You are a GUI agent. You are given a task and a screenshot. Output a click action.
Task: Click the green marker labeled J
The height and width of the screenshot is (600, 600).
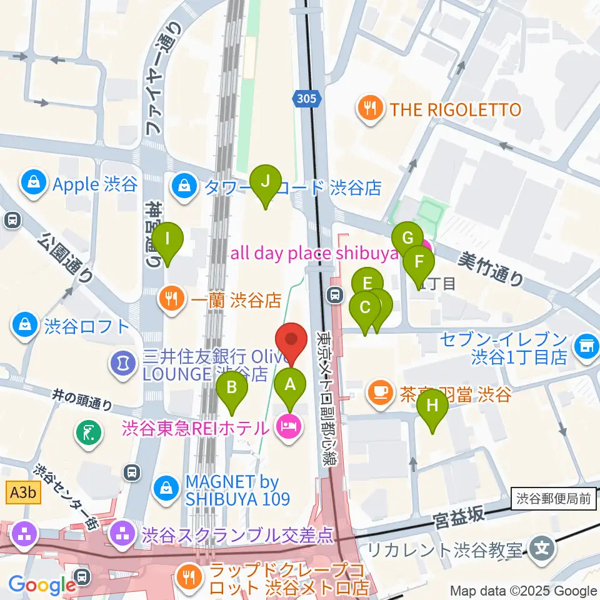coord(265,182)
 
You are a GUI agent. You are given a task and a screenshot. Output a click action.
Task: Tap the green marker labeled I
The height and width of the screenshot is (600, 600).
coord(167,239)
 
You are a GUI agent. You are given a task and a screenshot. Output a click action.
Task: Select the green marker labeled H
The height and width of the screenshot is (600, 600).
coord(432,406)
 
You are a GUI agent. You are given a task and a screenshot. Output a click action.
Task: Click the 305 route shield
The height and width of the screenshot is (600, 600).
coord(307,98)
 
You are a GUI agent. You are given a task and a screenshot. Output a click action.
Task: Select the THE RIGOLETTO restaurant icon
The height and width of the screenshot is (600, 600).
coord(371,110)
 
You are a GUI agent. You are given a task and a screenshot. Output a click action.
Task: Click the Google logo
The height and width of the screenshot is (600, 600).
coord(42,585)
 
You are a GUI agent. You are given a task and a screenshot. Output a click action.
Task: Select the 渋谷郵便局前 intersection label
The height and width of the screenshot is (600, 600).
coord(554,498)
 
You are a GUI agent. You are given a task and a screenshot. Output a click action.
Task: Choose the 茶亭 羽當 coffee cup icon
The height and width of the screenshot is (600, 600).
coord(379,392)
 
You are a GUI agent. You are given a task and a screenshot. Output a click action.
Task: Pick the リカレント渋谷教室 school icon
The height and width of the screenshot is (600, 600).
coord(541,549)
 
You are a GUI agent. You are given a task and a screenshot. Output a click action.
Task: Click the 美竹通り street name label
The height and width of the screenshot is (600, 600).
coord(492,269)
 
